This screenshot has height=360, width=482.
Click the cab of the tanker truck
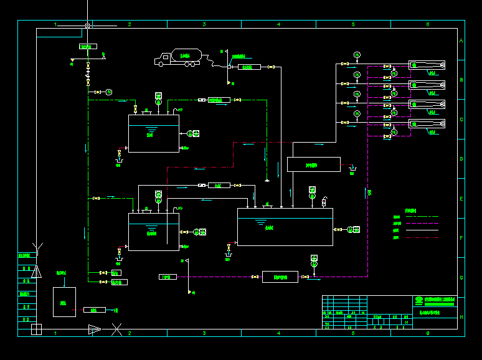click(x=164, y=59)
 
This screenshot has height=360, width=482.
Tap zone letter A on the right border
click(x=461, y=41)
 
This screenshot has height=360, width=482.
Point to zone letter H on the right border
click(x=461, y=317)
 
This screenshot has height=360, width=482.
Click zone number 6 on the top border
click(x=427, y=24)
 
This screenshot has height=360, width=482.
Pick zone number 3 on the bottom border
click(x=204, y=333)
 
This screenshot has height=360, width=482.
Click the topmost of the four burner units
click(x=427, y=65)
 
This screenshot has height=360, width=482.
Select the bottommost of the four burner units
click(x=427, y=124)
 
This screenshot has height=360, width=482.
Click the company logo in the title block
click(x=418, y=301)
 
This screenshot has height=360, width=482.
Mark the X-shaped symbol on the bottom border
click(x=116, y=329)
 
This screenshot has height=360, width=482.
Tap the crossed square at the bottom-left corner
click(x=36, y=329)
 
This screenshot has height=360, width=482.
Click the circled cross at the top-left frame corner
click(x=88, y=26)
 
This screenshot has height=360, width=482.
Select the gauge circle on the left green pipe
click(x=108, y=92)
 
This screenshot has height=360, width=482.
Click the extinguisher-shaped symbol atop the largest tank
click(x=324, y=202)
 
